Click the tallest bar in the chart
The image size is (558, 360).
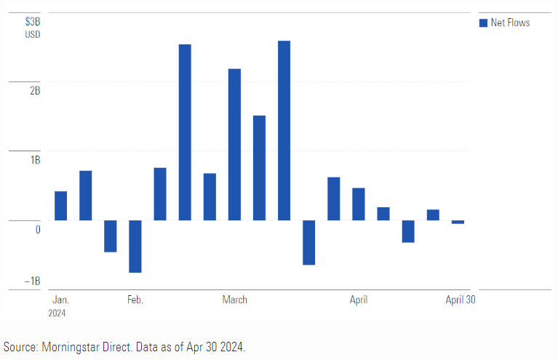point(284,130)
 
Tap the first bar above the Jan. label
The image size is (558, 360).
point(60,205)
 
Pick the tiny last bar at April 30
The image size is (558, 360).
point(458,222)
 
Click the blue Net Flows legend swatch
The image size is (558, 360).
point(482,23)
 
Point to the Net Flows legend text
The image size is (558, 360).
point(511,23)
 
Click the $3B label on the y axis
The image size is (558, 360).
point(33,21)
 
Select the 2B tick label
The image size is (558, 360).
point(35,90)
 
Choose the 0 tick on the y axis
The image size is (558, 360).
point(38,229)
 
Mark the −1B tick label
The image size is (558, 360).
point(33,281)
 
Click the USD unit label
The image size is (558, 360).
point(33,34)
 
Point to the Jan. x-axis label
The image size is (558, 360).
point(60,300)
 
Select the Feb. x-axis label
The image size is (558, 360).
point(135,300)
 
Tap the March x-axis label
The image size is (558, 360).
point(234,300)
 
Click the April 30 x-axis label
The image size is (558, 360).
point(460,300)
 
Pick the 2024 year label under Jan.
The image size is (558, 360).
point(57,313)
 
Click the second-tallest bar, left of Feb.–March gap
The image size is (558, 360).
point(185,132)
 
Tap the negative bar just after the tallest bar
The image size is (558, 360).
point(308,242)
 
